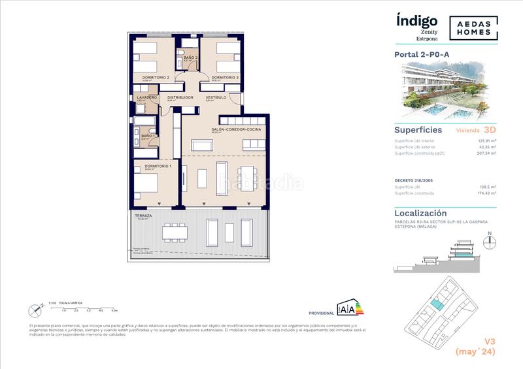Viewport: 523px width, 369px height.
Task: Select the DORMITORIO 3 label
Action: click(225, 78)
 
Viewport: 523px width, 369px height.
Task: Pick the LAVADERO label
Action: click(147, 97)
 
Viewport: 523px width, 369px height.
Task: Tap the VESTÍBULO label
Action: click(216, 97)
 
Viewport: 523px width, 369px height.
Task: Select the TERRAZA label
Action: click(143, 216)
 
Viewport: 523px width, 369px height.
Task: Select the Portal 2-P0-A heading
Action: click(421, 54)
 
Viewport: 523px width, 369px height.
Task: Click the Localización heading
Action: click(420, 213)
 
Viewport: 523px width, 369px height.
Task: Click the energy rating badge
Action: click(348, 309)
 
